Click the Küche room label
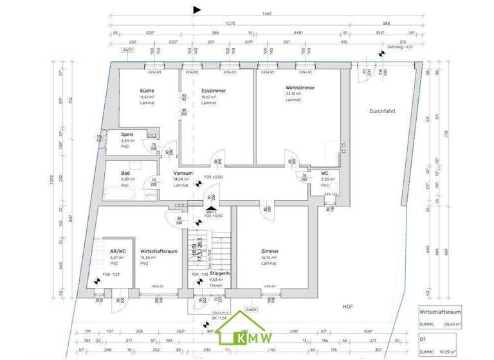[x=147, y=91]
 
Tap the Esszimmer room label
[x=212, y=91]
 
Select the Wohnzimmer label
[x=299, y=87]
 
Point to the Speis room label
[x=127, y=134]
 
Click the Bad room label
[x=126, y=173]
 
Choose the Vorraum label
[x=183, y=173]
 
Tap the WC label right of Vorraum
[x=325, y=173]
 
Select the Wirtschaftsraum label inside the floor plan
[x=154, y=251]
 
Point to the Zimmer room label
[x=270, y=251]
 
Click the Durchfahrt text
[x=382, y=111]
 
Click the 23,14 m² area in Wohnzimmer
[x=293, y=94]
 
